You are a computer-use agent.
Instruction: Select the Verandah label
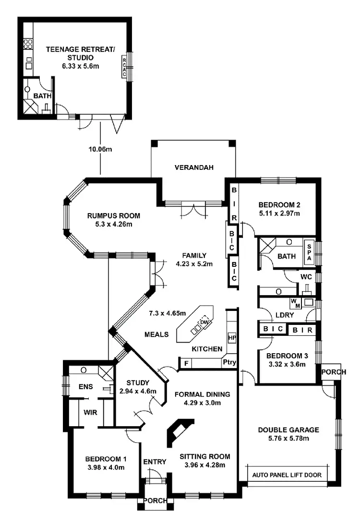tap(193, 167)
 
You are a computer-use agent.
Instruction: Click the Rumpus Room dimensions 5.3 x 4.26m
tap(113, 224)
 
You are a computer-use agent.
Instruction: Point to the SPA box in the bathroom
tap(309, 251)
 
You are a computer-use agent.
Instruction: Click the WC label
tap(306, 277)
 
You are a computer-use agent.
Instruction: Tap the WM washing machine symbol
tap(295, 303)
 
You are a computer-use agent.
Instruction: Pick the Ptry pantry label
tap(229, 362)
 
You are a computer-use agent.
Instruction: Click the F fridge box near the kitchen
tap(185, 364)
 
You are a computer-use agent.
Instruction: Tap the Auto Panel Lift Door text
tap(288, 476)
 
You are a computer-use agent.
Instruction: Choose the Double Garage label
tap(288, 430)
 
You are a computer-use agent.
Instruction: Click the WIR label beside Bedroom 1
tap(91, 412)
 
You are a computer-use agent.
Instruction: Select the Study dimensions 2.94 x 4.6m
tap(138, 391)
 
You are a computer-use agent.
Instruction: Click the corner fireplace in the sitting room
tap(179, 431)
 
